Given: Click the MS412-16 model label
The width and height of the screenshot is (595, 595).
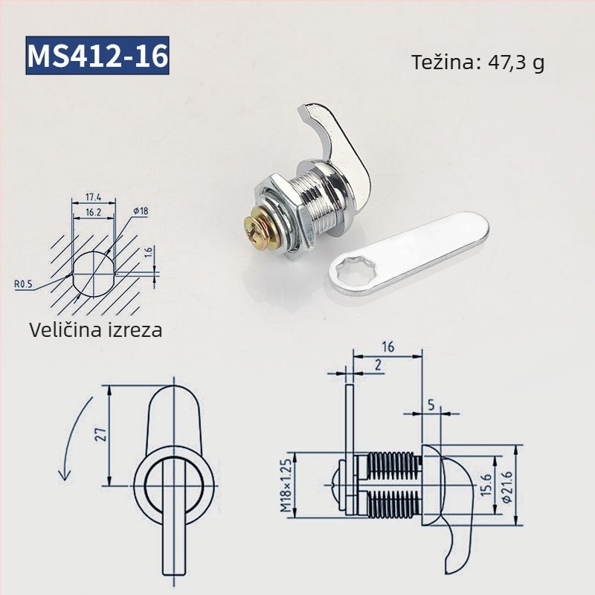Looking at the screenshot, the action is coord(97,55).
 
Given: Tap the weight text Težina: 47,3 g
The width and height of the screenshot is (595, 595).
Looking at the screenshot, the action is coord(478,62).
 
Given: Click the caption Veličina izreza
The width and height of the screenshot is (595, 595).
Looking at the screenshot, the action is coord(96,329).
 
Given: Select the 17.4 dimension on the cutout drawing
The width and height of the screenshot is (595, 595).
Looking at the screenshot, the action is coord(93,197).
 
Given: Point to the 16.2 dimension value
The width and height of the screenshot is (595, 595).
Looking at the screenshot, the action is coord(93,212).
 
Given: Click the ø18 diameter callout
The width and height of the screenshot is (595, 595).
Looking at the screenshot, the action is coord(141,211).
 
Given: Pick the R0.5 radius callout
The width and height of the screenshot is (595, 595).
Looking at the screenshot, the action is coord(23,284).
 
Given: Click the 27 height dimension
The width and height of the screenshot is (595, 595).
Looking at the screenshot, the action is coord(101,435).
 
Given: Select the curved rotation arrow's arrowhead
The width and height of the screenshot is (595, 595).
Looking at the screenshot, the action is coord(65,475).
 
